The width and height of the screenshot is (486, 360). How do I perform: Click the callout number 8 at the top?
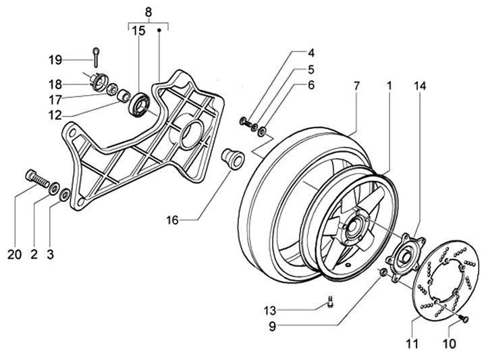point(148,13)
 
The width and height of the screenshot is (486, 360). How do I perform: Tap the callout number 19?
point(55,60)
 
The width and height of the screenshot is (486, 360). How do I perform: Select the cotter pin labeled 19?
point(96,57)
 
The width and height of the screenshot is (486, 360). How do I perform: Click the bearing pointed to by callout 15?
point(139,104)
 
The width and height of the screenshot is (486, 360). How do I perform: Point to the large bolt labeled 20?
point(36,179)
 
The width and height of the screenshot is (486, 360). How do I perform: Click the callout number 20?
point(15,255)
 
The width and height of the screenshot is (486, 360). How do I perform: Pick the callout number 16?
point(173,220)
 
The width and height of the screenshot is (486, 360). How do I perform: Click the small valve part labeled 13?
point(330,302)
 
